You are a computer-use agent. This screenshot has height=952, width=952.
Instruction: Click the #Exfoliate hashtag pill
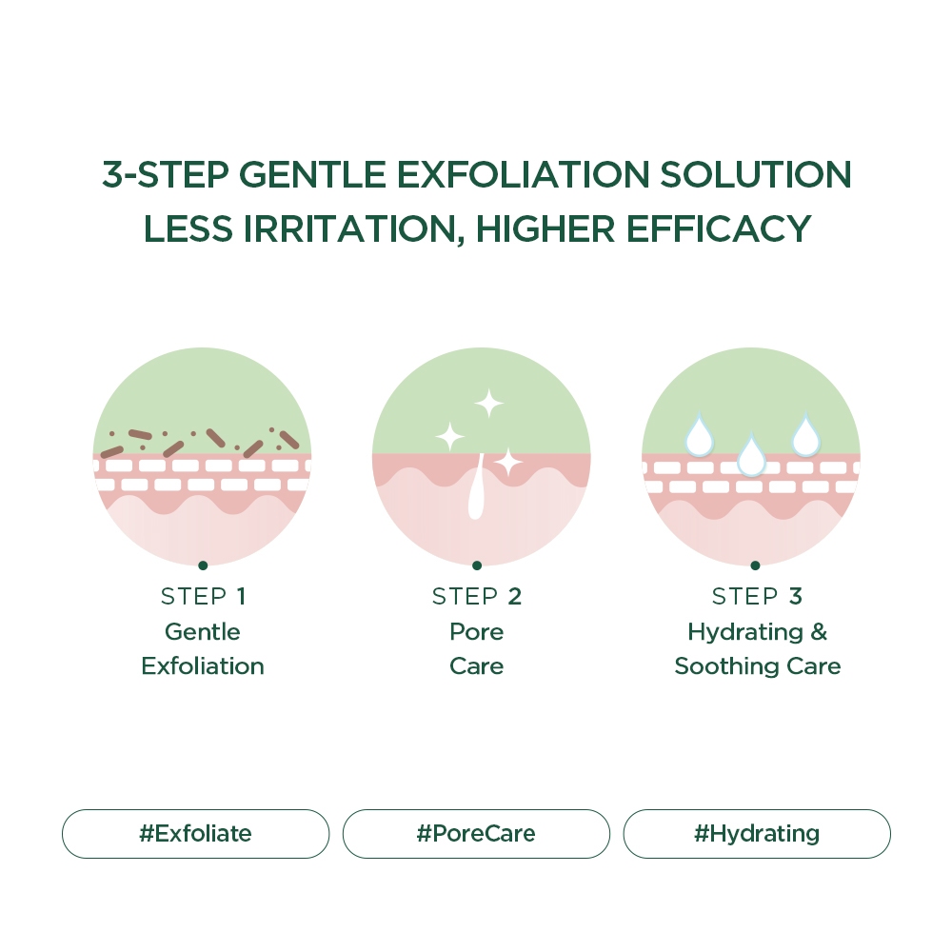[195, 834]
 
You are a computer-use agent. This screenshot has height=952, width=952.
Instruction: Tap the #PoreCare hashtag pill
[476, 834]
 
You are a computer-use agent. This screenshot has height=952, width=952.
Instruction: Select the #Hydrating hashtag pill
[757, 834]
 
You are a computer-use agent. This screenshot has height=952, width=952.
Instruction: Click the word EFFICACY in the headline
[718, 228]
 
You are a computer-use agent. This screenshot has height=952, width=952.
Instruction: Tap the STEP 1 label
[203, 596]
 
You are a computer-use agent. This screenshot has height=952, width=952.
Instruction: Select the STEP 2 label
[477, 596]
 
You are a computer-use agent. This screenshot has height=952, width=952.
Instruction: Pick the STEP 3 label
[757, 596]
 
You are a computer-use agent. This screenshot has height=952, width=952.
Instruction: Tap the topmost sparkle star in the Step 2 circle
[488, 403]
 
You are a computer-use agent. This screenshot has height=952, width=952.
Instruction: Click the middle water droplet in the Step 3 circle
[752, 455]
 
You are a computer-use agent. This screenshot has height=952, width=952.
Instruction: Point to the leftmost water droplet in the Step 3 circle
[699, 435]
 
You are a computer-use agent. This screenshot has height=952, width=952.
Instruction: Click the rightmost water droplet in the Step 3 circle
[805, 435]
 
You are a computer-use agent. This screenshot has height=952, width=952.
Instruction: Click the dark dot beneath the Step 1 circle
[203, 565]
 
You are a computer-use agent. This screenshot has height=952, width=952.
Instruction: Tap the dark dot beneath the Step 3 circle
[755, 565]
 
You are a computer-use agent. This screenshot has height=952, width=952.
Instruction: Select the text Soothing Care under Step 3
[758, 666]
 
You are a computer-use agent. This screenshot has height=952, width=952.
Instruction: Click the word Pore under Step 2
[477, 632]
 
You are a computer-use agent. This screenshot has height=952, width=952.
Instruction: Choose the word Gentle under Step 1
[203, 632]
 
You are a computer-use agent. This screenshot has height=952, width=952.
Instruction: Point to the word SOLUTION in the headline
[755, 175]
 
